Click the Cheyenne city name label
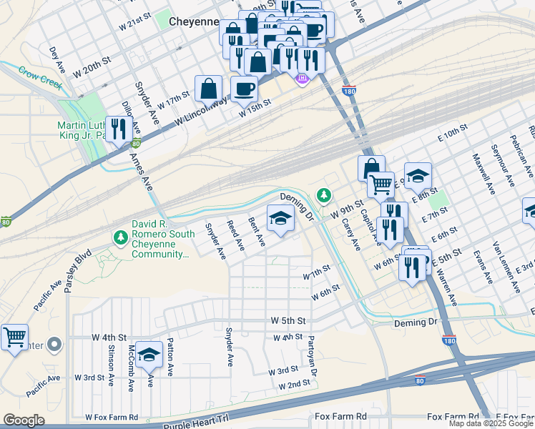pos(193,21)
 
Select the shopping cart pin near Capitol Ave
pos(381,184)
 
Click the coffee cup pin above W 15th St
pos(244,89)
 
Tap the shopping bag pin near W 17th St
pos(208,89)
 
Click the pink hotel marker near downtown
pos(302,77)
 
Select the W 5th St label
pos(288,320)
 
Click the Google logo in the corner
pos(24,420)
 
